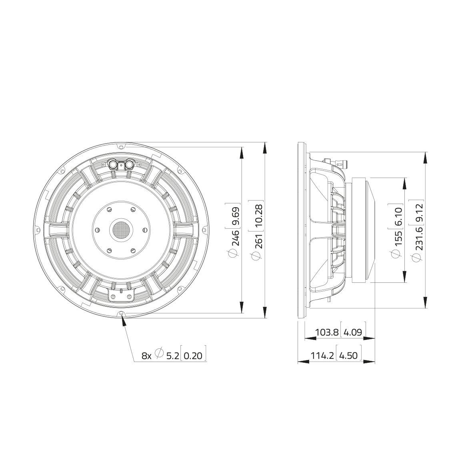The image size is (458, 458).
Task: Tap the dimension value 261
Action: (x=259, y=240)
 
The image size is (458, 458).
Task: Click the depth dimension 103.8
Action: (x=327, y=332)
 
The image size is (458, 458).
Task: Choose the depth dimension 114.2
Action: (x=322, y=355)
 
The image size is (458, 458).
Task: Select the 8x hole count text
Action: (x=146, y=356)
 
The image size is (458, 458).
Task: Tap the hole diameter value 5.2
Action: (x=172, y=356)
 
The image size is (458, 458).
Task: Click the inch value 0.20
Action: (x=194, y=356)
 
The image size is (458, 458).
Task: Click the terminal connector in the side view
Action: (x=340, y=163)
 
